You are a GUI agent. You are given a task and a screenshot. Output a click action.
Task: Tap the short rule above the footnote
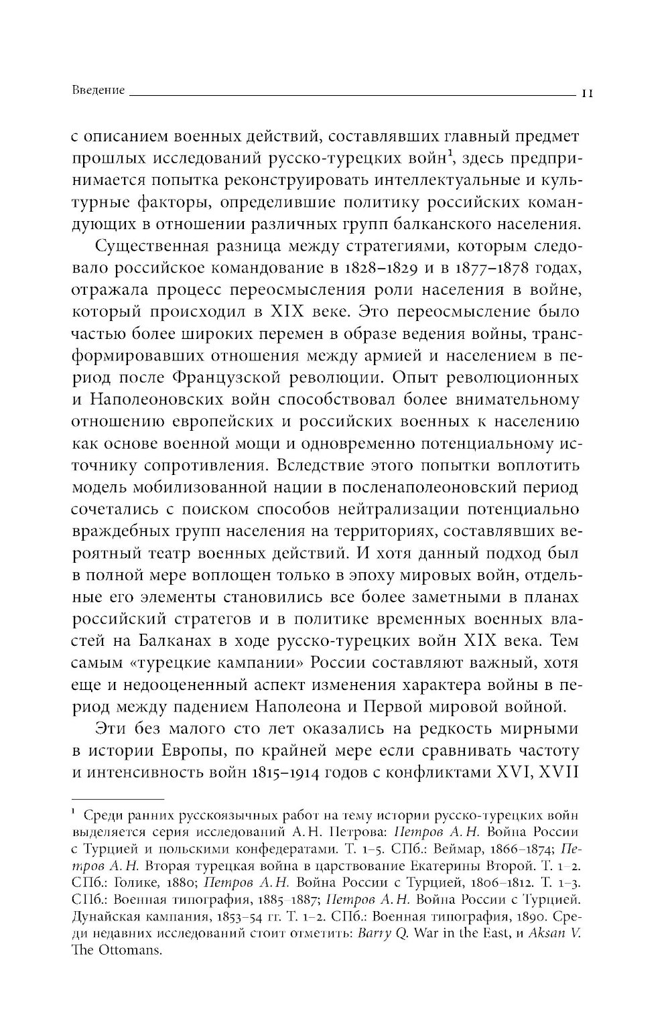(x=117, y=798)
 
